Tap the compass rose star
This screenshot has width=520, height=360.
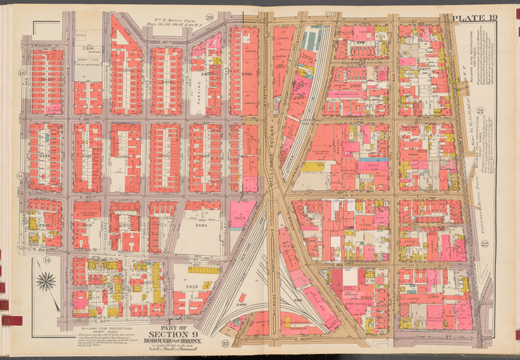pos(46,281)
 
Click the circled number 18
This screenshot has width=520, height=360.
pos(22,73)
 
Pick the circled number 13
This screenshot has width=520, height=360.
pos(226,343)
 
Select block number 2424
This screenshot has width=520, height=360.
pos(201,224)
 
